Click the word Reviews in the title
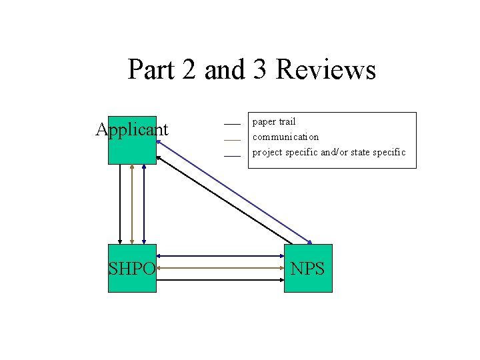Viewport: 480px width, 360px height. [325, 69]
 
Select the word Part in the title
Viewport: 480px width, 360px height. [152, 69]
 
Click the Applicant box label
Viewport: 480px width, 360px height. [132, 129]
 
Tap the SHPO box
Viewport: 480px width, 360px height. [132, 269]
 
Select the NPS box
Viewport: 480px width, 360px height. [308, 269]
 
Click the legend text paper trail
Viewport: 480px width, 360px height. [273, 121]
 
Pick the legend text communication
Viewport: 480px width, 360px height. [285, 137]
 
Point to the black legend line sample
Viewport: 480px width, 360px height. [231, 124]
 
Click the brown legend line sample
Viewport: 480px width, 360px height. [231, 140]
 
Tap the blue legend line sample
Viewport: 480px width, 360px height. [231, 156]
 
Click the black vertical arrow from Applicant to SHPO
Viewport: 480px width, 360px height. [121, 203]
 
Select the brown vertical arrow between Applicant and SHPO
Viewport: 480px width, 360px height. [132, 203]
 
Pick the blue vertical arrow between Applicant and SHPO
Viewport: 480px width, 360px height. [144, 203]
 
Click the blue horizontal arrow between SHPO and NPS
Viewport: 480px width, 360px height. [220, 256]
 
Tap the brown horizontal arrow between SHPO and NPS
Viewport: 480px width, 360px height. [220, 268]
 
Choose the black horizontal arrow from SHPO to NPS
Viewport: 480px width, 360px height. [220, 280]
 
